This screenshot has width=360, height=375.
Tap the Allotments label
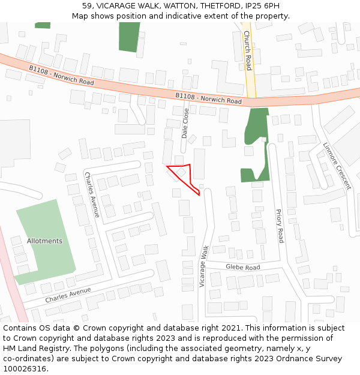click(44, 241)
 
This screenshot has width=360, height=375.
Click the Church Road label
click(247, 51)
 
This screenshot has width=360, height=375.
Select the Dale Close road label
click(185, 123)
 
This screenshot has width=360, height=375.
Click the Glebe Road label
click(243, 267)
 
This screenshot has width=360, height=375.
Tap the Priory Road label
click(279, 226)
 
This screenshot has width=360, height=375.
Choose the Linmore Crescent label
click(336, 166)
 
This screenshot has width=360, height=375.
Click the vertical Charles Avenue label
click(92, 194)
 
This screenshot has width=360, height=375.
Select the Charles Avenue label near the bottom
click(68, 295)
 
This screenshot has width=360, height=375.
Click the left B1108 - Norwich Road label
click(61, 75)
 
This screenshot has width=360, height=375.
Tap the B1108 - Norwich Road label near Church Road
click(209, 98)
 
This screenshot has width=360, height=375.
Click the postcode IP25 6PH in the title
click(265, 6)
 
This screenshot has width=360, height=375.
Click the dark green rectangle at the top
click(128, 37)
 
